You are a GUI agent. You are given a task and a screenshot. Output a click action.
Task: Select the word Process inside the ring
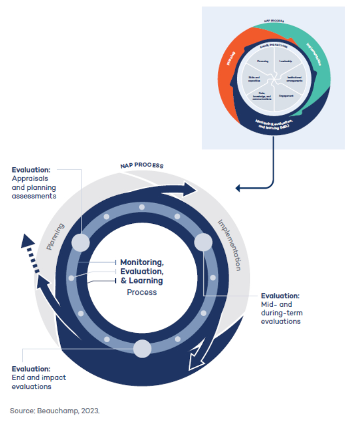point(142,292)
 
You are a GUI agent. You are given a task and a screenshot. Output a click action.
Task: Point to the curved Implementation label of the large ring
point(229,245)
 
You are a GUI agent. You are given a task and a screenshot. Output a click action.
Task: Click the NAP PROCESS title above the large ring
point(142,165)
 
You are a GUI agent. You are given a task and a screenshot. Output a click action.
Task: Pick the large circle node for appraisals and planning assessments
point(80,243)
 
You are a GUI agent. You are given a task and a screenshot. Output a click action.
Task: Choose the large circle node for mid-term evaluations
point(203,243)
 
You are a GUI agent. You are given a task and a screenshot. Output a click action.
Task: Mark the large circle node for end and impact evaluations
point(142,349)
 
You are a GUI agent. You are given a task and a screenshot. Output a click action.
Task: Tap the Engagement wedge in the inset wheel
point(286,95)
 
